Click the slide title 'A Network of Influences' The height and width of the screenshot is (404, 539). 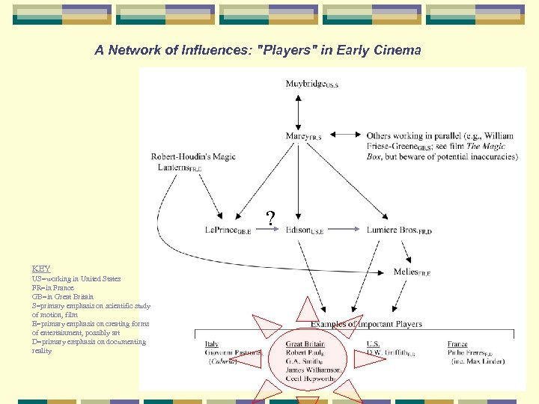click(x=258, y=50)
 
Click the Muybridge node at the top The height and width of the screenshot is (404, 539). click(x=310, y=85)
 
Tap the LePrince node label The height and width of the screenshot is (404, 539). click(x=228, y=230)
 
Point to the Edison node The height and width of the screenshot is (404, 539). click(x=304, y=230)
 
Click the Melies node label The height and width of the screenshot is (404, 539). click(x=411, y=272)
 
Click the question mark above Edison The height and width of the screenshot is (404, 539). click(x=271, y=218)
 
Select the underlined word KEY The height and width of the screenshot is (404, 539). click(x=41, y=269)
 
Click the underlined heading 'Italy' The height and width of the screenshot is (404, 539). click(x=212, y=345)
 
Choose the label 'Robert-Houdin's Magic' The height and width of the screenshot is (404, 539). click(x=193, y=157)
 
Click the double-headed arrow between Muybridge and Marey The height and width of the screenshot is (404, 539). click(x=298, y=110)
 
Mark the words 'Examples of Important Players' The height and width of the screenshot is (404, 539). click(x=366, y=324)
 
